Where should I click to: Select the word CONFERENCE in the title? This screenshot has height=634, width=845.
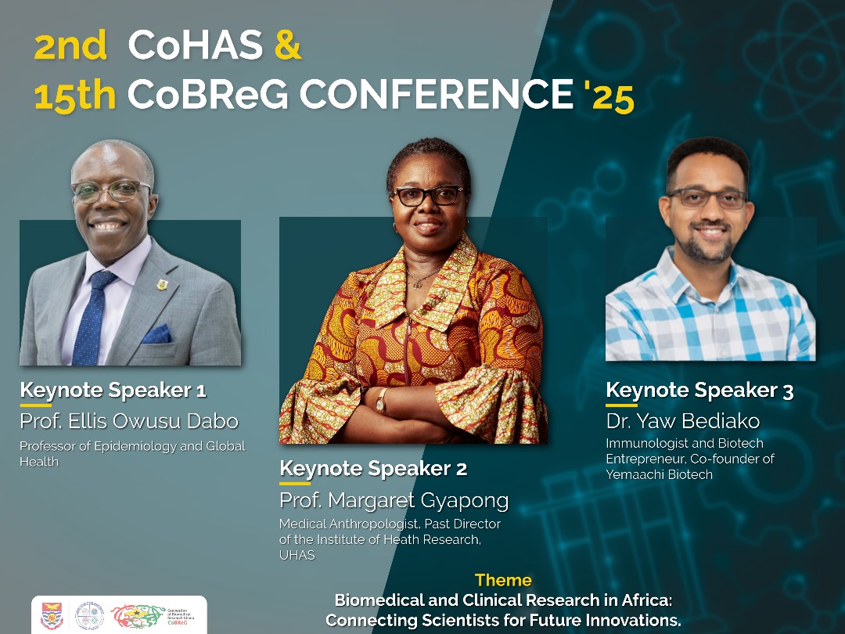pyautogui.click(x=436, y=95)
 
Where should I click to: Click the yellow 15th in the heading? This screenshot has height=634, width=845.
pyautogui.click(x=75, y=95)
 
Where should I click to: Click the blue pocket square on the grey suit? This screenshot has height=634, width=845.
pyautogui.click(x=156, y=334)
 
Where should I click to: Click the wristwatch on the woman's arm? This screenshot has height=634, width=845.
pyautogui.click(x=381, y=400)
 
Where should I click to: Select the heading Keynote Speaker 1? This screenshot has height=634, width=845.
pyautogui.click(x=113, y=390)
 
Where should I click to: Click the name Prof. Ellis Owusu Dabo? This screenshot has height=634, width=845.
pyautogui.click(x=129, y=421)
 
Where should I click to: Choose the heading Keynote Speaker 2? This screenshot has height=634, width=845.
pyautogui.click(x=373, y=469)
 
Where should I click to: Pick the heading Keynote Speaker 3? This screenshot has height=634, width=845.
pyautogui.click(x=699, y=390)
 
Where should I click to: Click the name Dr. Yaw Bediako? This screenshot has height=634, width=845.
pyautogui.click(x=682, y=421)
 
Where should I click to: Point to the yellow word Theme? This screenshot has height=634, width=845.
pyautogui.click(x=503, y=580)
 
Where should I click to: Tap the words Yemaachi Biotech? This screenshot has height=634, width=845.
pyautogui.click(x=659, y=474)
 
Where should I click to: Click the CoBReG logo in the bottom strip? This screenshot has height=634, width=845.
pyautogui.click(x=156, y=615)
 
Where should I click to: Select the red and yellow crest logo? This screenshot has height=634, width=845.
pyautogui.click(x=52, y=615)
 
